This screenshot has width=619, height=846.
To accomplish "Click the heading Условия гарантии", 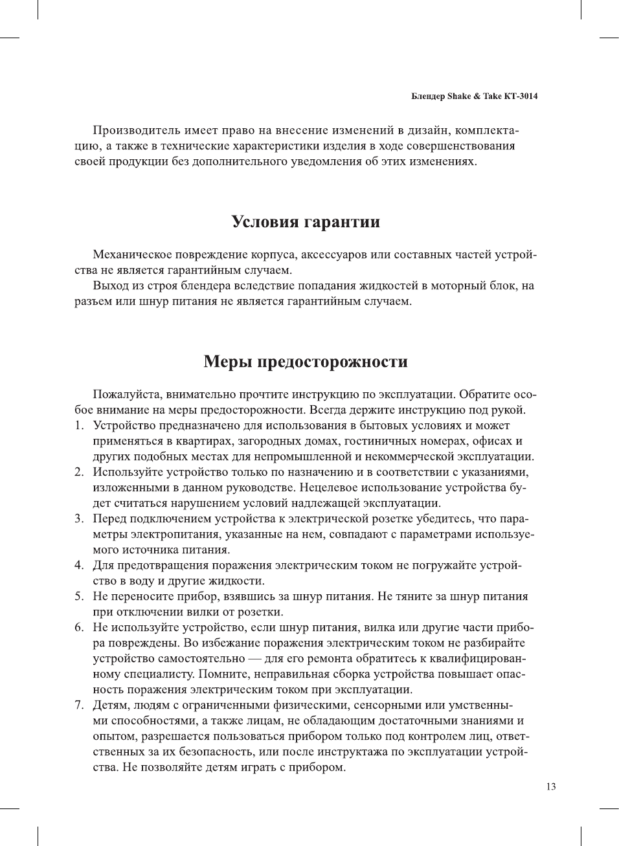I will (x=306, y=222).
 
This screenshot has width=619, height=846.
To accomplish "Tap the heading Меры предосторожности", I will (x=306, y=361).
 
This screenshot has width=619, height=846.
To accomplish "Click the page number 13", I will (x=550, y=786).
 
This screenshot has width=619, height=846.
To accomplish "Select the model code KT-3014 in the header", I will (x=521, y=96).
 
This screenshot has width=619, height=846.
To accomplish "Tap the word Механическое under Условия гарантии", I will (x=137, y=254).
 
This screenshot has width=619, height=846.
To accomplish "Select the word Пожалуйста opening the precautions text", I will (x=127, y=394).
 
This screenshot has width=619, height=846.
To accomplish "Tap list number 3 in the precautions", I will (x=78, y=518).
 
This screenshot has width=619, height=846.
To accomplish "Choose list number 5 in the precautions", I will (x=78, y=596).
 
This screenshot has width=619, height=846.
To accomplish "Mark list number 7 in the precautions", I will (x=78, y=705).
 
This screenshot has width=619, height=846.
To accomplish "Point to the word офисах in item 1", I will (x=492, y=441).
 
